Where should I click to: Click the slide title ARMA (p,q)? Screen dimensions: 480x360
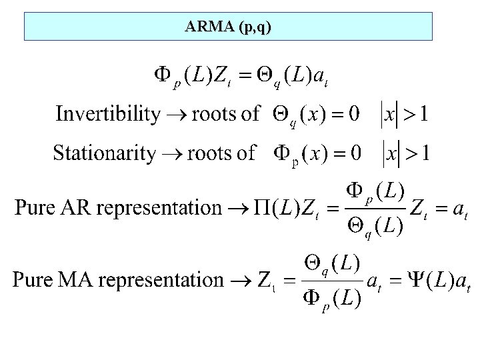[x=229, y=27]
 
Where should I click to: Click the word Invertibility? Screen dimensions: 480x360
[x=107, y=114]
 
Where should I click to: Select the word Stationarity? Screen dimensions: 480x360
[x=104, y=153]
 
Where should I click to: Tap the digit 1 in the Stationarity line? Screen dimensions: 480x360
[x=423, y=153]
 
